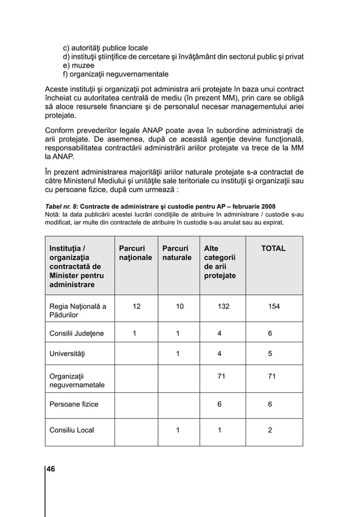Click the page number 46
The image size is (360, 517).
tap(51, 469)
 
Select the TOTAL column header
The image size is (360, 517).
tap(274, 248)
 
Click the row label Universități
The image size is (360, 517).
tap(68, 354)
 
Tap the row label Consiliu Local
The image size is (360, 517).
tap(72, 430)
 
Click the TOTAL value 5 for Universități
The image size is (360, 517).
tap(270, 354)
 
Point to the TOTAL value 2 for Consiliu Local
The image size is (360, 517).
tap(270, 430)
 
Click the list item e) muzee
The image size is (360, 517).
tap(78, 65)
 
